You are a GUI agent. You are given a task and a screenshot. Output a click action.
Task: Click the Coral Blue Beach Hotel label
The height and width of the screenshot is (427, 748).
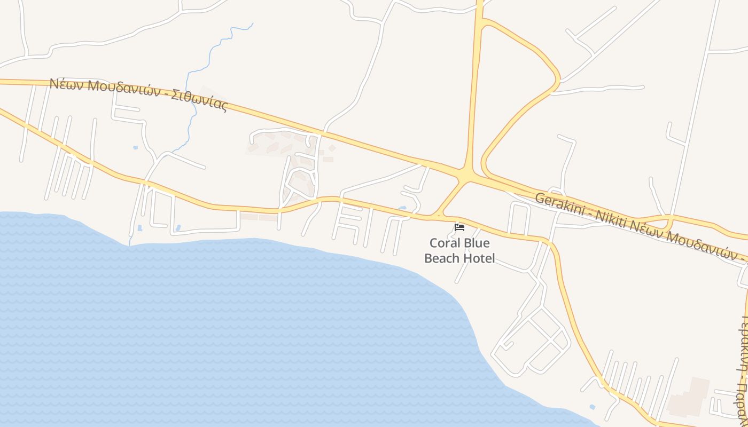459,251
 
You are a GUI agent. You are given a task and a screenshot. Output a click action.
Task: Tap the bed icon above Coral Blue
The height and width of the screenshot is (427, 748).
459,227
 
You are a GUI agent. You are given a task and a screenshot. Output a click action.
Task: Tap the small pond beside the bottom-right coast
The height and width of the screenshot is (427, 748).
591,408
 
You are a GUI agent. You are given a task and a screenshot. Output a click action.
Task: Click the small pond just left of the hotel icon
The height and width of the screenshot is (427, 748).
402,208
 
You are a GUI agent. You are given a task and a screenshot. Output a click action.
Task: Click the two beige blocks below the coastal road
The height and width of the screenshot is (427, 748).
259,217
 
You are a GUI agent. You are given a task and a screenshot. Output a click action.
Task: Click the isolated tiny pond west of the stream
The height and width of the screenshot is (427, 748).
135,147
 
